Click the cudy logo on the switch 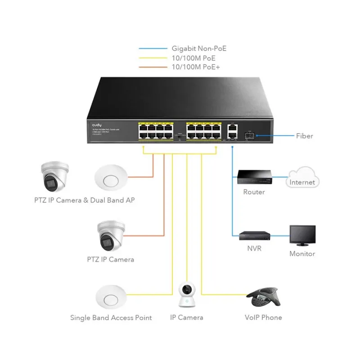97,124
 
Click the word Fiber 305,135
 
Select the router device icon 254,177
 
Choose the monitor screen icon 302,236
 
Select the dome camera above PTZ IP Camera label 110,237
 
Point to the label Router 254,192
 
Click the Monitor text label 302,254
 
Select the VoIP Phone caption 263,317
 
